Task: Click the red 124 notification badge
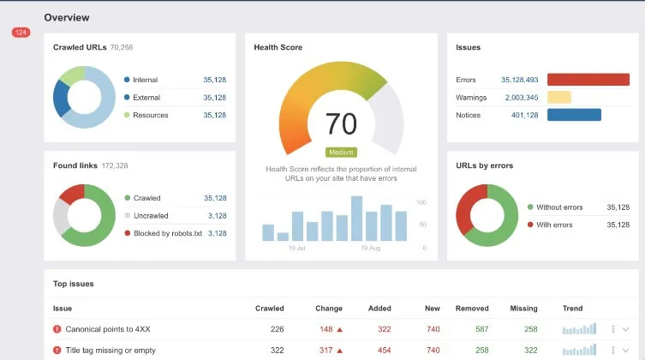tap(21, 33)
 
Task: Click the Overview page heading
tap(66, 17)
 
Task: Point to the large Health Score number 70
tap(341, 124)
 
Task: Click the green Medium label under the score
tap(341, 153)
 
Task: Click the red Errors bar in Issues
tap(587, 80)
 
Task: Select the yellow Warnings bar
tap(558, 98)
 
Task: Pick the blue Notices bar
tap(574, 115)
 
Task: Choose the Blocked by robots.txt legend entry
tap(167, 233)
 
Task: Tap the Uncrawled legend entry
tap(151, 216)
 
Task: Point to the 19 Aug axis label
tap(371, 248)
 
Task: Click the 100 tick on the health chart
tap(421, 202)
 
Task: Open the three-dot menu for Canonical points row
tap(613, 329)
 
